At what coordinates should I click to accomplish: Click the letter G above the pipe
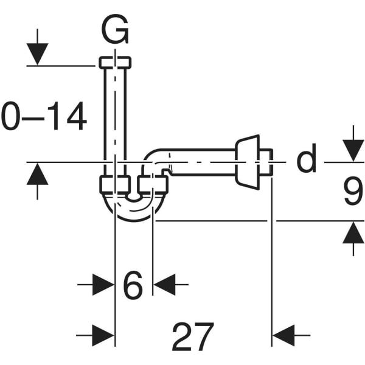[115, 29]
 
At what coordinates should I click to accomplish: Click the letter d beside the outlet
[307, 158]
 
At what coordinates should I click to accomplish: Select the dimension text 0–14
[44, 116]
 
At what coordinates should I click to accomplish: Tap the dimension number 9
[353, 190]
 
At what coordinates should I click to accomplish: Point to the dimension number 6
[133, 285]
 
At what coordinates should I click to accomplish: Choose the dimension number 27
[193, 336]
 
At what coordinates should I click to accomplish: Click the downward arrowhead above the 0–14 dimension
[37, 54]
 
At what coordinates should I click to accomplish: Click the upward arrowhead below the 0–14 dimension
[37, 173]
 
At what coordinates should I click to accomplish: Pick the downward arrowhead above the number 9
[353, 151]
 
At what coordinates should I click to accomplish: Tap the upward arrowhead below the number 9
[353, 232]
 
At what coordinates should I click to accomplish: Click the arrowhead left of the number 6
[103, 285]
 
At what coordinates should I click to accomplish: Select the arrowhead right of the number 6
[164, 285]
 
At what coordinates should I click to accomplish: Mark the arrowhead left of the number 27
[103, 335]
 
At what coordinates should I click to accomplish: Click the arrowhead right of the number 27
[283, 335]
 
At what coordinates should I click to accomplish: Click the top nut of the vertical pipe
[115, 63]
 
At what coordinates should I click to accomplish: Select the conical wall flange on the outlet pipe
[247, 162]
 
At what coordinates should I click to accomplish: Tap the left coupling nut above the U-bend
[115, 184]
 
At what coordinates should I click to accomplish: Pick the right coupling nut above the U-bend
[153, 184]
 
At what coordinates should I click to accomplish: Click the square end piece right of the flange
[266, 162]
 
